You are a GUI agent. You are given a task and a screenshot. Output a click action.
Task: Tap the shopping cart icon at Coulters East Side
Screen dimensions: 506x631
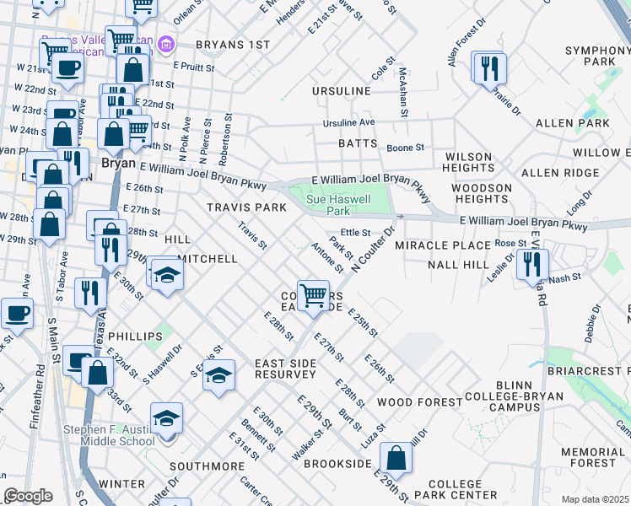pos(313,295)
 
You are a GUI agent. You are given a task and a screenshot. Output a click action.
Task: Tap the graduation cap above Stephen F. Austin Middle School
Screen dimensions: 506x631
pos(166,417)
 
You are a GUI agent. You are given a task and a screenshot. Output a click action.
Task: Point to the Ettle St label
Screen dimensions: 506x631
pos(355,232)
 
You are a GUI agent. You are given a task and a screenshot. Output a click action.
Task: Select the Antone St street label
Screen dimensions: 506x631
pos(326,258)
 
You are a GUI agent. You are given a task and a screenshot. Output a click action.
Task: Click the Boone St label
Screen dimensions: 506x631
pos(405,148)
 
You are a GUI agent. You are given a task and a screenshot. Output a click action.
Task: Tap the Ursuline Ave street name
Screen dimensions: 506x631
pos(348,123)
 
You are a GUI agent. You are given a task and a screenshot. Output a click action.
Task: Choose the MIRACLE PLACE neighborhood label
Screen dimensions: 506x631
pos(443,245)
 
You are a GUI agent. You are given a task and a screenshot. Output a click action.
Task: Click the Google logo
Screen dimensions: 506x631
pos(29,496)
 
